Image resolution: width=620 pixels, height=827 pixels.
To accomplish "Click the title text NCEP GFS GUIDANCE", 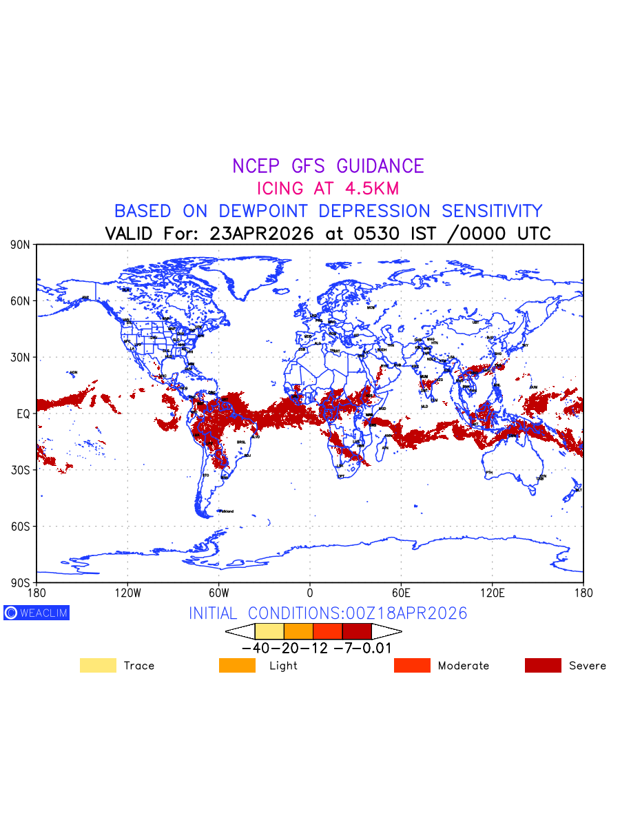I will tap(328, 166).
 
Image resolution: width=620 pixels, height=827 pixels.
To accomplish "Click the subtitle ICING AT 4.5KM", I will tap(328, 188).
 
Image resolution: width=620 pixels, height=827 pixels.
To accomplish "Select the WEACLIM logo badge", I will tap(37, 613).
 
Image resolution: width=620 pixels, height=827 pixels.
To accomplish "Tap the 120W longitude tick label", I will tap(127, 592).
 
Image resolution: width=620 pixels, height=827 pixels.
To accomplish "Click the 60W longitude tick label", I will tap(218, 592).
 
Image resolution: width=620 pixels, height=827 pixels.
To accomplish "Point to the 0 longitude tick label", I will tap(310, 592).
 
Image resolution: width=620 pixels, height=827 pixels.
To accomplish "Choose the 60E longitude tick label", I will tap(401, 592).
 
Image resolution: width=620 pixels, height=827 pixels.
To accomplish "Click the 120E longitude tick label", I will tap(492, 592).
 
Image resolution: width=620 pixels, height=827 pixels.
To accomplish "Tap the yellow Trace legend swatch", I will tap(98, 666).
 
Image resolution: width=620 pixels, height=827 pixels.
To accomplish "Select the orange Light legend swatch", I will tap(237, 666).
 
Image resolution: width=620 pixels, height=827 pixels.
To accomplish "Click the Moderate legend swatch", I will tap(412, 666).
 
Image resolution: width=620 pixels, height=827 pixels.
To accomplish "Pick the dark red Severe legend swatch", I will tap(543, 666).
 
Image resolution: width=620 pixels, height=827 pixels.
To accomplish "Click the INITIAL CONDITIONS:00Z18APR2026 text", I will tap(328, 613).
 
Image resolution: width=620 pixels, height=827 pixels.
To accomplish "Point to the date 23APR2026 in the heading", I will tap(262, 234).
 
